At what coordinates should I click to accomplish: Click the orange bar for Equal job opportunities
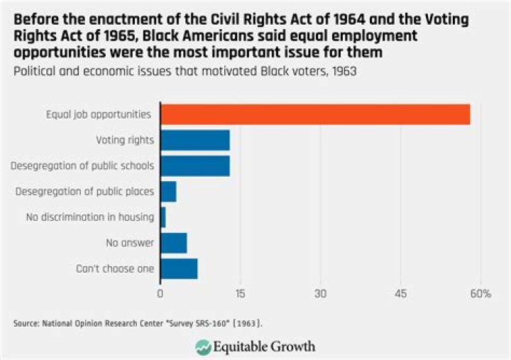click(315, 114)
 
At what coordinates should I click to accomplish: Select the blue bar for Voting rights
click(195, 140)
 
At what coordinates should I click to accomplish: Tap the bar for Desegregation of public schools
click(195, 165)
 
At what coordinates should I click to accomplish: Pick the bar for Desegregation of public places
click(168, 192)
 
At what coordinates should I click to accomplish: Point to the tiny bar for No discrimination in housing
click(163, 217)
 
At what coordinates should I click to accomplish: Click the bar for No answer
click(174, 243)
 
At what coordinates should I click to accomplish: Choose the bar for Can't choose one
click(179, 269)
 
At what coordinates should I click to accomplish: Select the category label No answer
click(130, 243)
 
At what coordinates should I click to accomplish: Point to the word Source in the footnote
click(26, 323)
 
